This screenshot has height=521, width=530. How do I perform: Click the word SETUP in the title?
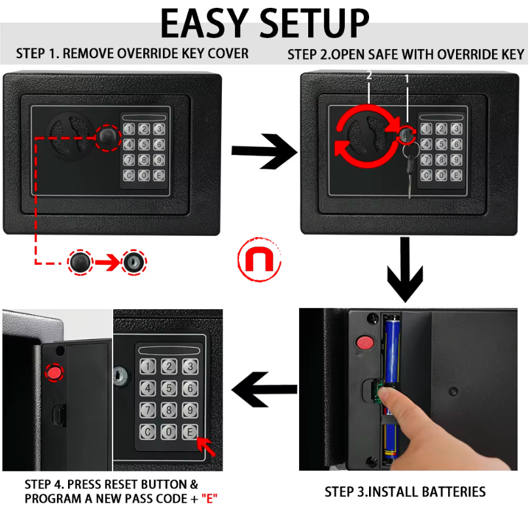tap(313, 24)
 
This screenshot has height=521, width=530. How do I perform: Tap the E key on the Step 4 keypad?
tap(190, 431)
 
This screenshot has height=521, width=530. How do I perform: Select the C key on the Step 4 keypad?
tap(149, 431)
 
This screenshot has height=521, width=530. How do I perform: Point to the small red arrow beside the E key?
tap(208, 448)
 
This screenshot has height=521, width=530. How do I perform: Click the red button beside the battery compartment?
tap(362, 342)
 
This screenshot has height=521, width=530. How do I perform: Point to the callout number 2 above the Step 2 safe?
tap(369, 76)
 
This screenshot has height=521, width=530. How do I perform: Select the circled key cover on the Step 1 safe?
tap(107, 135)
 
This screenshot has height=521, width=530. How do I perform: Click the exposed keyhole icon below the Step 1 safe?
tap(134, 263)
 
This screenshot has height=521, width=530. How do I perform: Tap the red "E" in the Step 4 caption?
tap(209, 499)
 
